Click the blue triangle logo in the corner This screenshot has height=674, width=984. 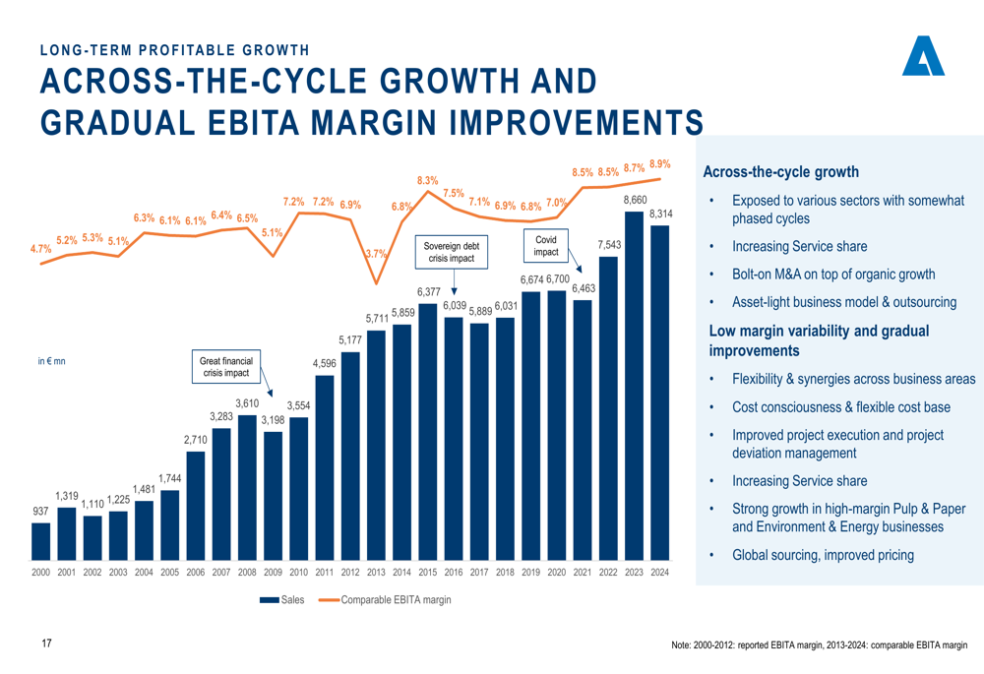point(923,57)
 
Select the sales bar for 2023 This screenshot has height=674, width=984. point(635,384)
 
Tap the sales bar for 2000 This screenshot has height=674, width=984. point(40,541)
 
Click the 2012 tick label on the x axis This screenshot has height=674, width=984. point(350,572)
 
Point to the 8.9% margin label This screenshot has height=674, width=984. point(659,164)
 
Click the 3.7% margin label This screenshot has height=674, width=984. point(375,254)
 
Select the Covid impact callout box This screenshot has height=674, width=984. point(545,246)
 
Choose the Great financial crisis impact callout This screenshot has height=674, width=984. point(225,367)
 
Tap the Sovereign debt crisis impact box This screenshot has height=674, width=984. point(452,252)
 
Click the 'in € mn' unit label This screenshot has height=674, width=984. point(50,362)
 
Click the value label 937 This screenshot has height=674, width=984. point(39,512)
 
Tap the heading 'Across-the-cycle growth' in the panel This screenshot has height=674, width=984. point(781,172)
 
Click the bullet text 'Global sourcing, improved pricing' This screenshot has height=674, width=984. point(823,555)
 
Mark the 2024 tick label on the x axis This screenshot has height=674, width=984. point(660,572)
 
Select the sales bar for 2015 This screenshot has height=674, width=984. point(428,433)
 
